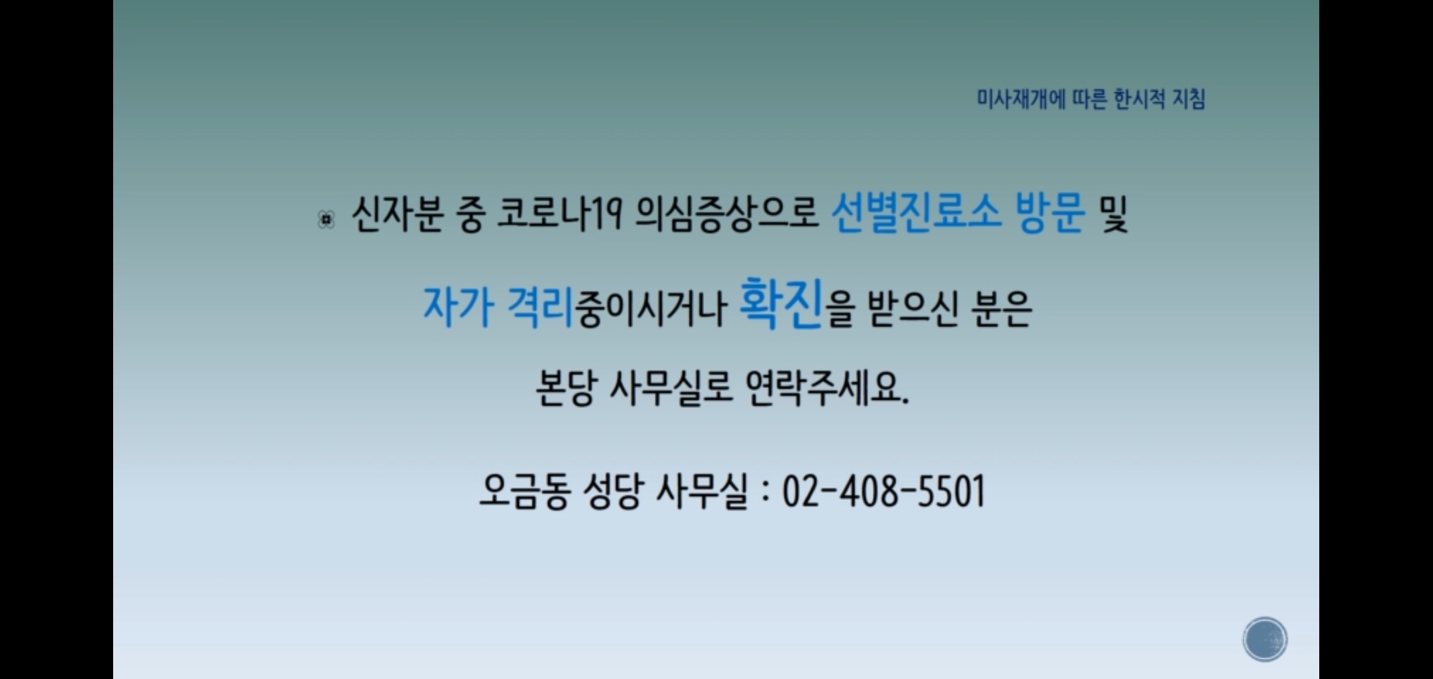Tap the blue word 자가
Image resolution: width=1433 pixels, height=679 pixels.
(458, 306)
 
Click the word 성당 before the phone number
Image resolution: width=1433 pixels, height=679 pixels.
(613, 491)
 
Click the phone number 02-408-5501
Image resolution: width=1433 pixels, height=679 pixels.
(884, 491)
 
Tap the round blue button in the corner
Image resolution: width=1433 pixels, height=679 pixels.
(1265, 639)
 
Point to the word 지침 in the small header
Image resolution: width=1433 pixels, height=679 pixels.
(1189, 99)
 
